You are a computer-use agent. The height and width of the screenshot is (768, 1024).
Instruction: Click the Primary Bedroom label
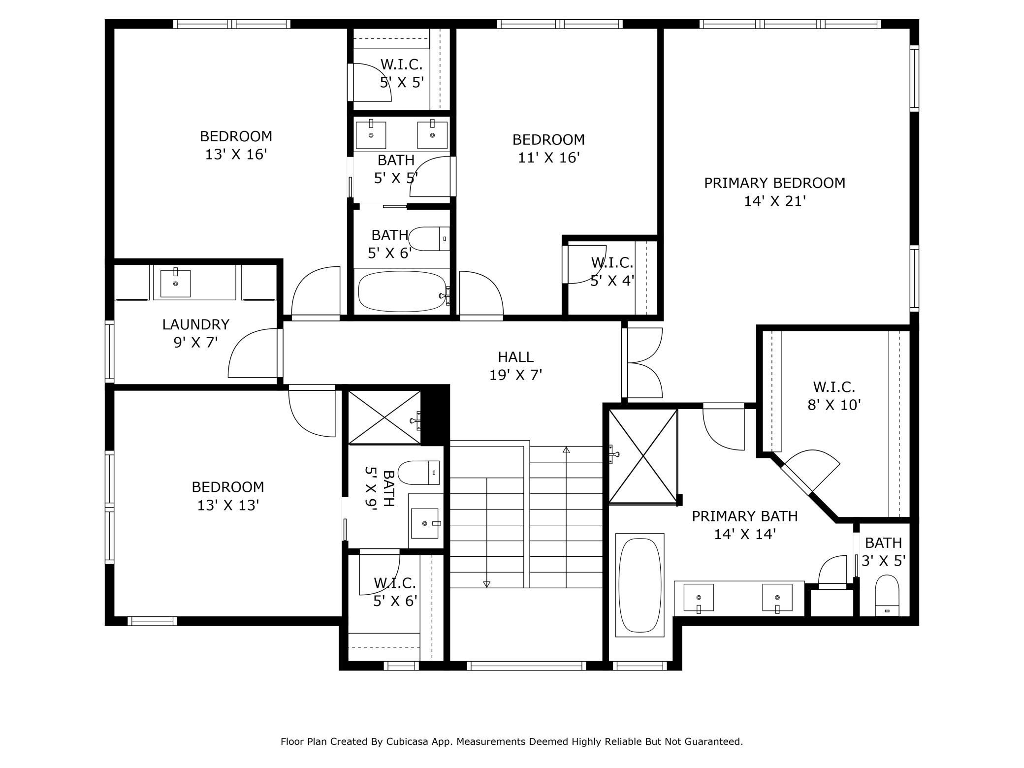click(x=774, y=183)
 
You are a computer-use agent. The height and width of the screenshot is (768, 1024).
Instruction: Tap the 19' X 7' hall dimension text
click(x=515, y=375)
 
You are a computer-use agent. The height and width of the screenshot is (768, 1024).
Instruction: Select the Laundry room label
click(x=196, y=324)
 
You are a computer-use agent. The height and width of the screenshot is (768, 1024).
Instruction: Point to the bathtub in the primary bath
click(x=640, y=585)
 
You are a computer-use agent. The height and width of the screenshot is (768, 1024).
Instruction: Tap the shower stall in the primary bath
click(x=643, y=456)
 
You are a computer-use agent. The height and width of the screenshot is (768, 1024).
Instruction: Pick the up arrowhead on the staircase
click(x=566, y=449)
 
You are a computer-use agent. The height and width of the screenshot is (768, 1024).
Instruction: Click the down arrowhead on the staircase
click(x=487, y=584)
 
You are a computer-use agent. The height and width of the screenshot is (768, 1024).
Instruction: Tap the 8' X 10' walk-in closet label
click(x=834, y=396)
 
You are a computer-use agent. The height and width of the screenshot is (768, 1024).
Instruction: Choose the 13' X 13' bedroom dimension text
click(x=228, y=505)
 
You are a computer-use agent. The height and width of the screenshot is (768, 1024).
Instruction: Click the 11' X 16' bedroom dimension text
click(x=549, y=158)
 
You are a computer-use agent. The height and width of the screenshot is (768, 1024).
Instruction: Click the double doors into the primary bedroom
click(x=643, y=363)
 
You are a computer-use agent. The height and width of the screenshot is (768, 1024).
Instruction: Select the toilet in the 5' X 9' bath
click(x=418, y=473)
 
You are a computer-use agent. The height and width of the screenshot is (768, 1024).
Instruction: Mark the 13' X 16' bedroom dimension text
click(x=236, y=154)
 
